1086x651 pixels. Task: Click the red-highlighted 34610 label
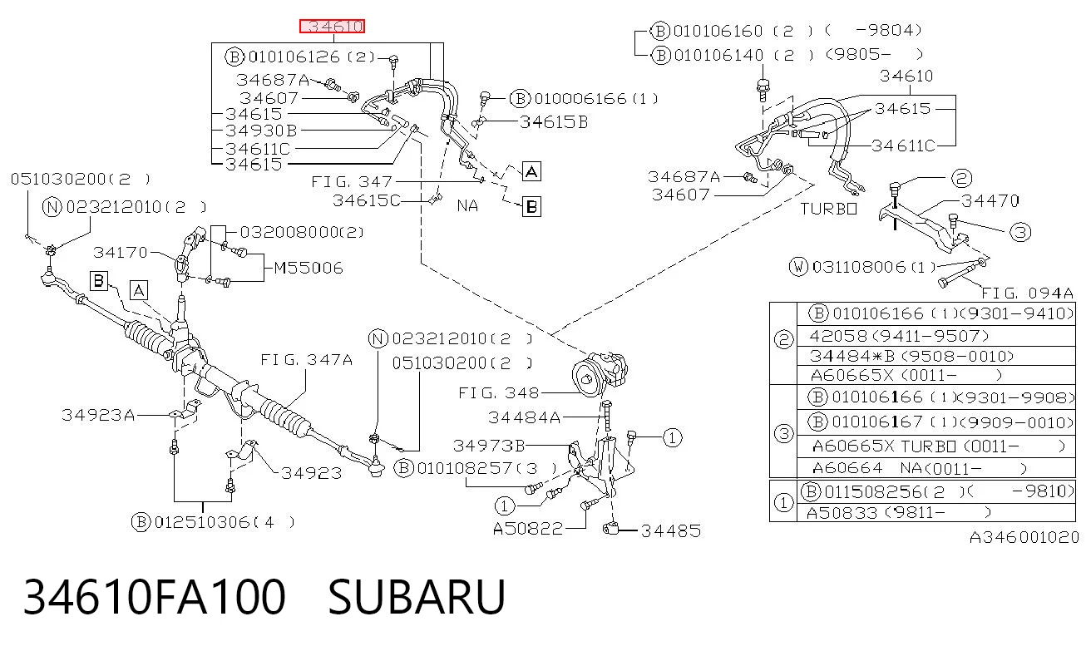coord(332,26)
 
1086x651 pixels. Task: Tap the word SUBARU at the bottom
coord(417,597)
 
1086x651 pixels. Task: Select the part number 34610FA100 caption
coord(155,597)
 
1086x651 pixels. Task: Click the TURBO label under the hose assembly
coord(828,209)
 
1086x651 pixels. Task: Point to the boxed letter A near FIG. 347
coord(531,171)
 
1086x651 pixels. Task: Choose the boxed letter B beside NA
coord(531,207)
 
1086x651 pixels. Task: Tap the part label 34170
coord(121,253)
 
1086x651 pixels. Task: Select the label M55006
coord(309,268)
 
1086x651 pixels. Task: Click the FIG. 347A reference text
coord(306,360)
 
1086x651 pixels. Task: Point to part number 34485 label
coord(671,530)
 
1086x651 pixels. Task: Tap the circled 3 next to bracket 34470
coord(1020,232)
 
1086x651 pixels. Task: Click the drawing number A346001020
coord(1024,537)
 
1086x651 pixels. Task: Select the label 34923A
coord(98,416)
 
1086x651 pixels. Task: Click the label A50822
coord(528,528)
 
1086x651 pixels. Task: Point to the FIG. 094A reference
coord(1027,293)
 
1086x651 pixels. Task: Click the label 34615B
coord(554,122)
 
